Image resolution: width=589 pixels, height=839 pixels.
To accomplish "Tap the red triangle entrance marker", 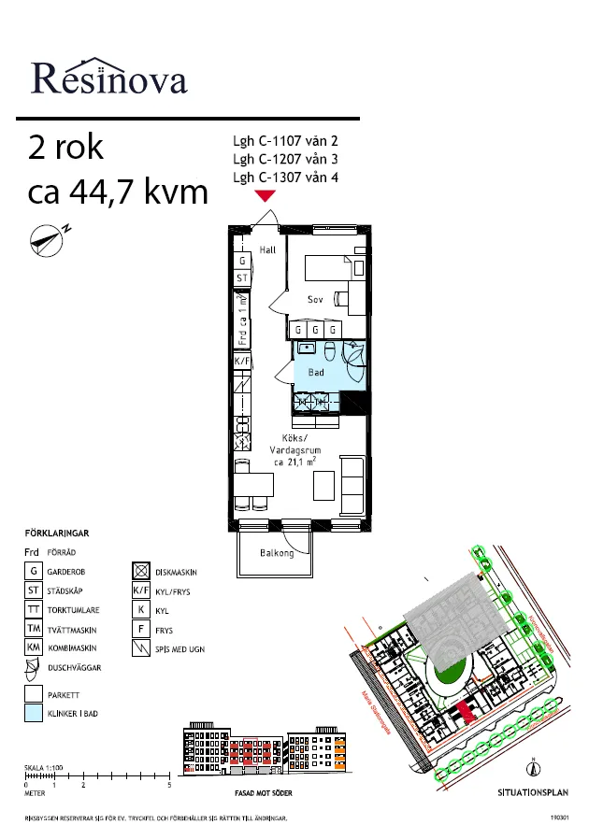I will pyautogui.click(x=266, y=195).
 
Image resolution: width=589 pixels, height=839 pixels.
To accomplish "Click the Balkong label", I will pyautogui.click(x=277, y=553).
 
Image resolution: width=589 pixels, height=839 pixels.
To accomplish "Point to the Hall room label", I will pyautogui.click(x=267, y=249).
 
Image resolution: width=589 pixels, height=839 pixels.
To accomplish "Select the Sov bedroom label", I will pyautogui.click(x=316, y=299).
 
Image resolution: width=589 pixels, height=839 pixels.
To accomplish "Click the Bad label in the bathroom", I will pyautogui.click(x=317, y=373).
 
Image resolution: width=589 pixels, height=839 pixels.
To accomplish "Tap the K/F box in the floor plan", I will pyautogui.click(x=242, y=361).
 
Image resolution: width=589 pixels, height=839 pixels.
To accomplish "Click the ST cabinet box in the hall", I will pyautogui.click(x=242, y=278).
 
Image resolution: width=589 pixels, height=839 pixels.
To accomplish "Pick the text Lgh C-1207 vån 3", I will pyautogui.click(x=285, y=160).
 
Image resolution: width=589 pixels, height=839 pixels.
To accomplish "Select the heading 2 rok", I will pyautogui.click(x=66, y=149).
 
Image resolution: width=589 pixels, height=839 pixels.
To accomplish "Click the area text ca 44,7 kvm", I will pyautogui.click(x=118, y=192).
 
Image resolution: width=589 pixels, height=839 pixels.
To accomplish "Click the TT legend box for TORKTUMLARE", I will pyautogui.click(x=33, y=609).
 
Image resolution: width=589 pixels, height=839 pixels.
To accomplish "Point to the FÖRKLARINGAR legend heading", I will pyautogui.click(x=56, y=533).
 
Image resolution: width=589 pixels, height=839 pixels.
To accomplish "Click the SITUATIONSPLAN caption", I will pyautogui.click(x=533, y=790).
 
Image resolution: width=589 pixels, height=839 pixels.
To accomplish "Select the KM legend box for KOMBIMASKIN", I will pyautogui.click(x=33, y=647).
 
